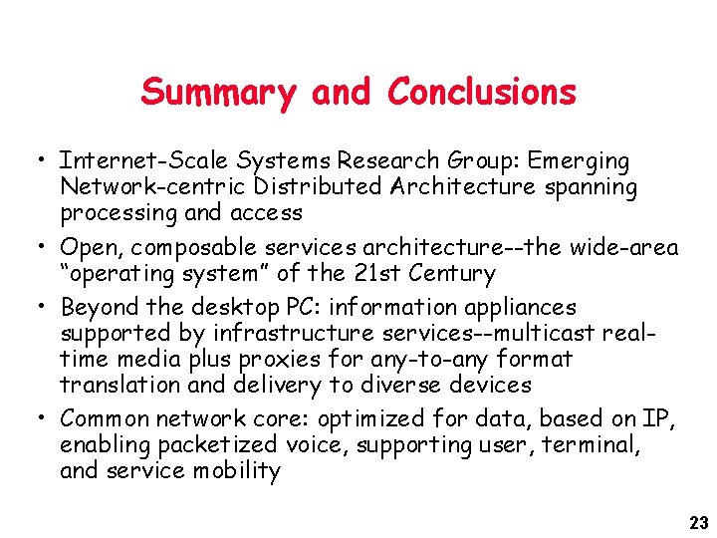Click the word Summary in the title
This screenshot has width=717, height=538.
[x=219, y=93]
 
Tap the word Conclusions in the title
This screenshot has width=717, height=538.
[x=482, y=93]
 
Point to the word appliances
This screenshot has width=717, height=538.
[x=515, y=308]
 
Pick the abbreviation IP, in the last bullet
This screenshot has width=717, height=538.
[x=661, y=419]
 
